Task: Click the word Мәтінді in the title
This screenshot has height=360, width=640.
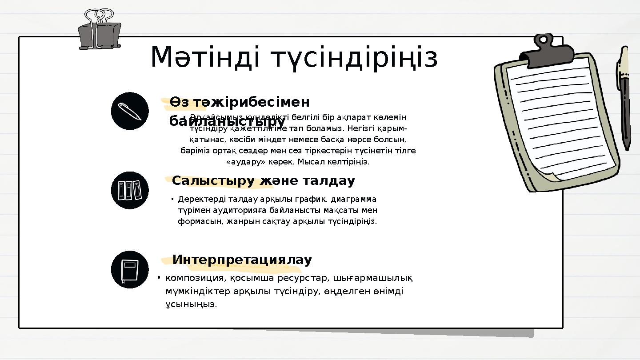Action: point(206,58)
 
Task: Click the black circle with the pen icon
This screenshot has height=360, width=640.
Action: point(130,111)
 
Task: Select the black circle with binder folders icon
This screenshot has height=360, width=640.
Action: point(130,190)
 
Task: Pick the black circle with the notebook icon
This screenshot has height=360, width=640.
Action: point(130,269)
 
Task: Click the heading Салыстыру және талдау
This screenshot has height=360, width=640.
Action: point(263,181)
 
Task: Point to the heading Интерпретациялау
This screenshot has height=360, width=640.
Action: point(242,260)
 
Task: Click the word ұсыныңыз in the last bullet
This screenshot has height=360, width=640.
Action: point(191,304)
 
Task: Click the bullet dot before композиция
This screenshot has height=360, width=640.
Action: point(158,278)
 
